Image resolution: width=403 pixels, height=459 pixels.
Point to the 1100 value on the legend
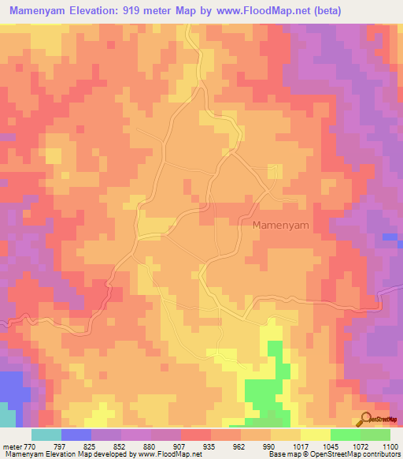389,445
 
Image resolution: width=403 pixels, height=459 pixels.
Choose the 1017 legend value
299,445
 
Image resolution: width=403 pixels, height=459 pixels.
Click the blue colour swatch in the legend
76,435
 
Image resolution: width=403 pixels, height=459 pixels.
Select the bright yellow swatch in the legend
315,435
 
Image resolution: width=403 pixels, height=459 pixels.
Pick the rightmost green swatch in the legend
375,435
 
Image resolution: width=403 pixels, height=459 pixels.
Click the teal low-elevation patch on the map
6,415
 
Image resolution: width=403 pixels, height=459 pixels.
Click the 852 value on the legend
120,445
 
